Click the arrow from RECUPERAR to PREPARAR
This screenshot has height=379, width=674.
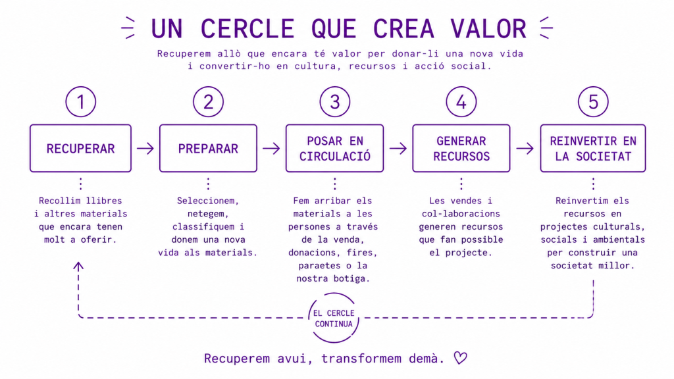(x=145, y=149)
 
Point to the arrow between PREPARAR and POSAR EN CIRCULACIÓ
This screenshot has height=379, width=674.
(x=271, y=149)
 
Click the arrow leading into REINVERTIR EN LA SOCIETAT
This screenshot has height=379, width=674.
(x=525, y=149)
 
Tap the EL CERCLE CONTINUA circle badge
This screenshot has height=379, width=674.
(x=334, y=293)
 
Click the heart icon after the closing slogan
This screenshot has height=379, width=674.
(x=460, y=358)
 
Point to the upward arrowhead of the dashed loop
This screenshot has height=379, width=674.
(x=78, y=266)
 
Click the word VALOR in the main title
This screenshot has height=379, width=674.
(x=488, y=29)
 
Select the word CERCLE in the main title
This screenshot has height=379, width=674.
(x=247, y=29)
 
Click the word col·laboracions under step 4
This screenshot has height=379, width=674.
(x=461, y=214)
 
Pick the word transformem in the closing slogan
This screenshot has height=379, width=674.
(x=361, y=359)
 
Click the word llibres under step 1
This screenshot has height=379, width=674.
(x=104, y=201)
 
